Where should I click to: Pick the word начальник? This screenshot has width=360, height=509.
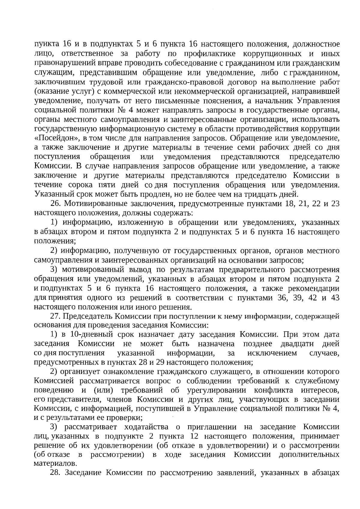[x=273, y=101]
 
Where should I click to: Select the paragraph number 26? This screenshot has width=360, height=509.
[x=56, y=204]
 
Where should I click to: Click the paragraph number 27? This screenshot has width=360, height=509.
[x=56, y=317]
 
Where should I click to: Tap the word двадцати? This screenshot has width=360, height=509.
[x=297, y=344]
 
